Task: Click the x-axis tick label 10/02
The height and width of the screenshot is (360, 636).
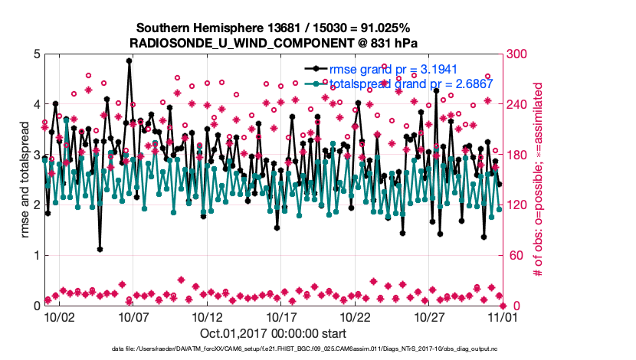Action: (59, 316)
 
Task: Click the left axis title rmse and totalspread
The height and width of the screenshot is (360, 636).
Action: (25, 180)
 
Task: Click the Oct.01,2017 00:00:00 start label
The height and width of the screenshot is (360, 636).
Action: (273, 333)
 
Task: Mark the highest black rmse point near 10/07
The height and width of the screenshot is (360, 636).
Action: (129, 61)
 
